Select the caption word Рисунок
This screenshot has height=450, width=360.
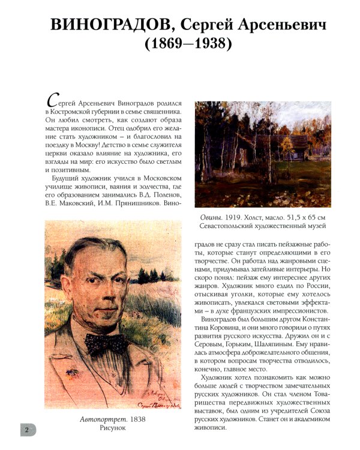pos(113,430)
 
